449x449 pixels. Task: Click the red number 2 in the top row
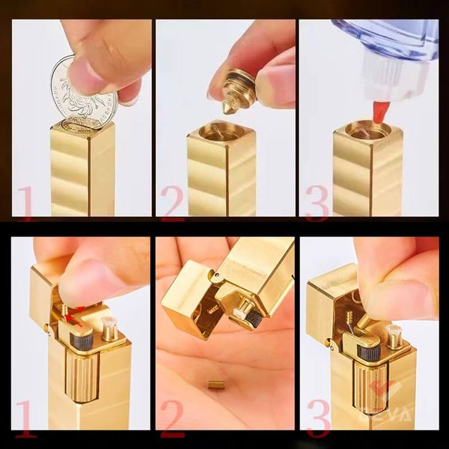171,203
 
